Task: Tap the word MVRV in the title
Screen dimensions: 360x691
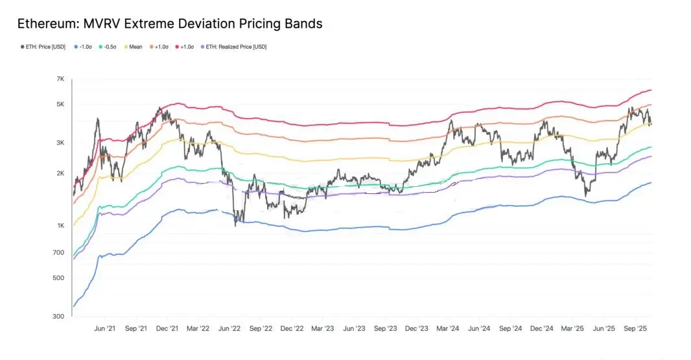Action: (102, 24)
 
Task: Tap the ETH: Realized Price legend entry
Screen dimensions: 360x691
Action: (236, 47)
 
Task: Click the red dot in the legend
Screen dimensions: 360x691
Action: (178, 47)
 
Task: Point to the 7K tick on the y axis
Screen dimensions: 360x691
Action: (60, 79)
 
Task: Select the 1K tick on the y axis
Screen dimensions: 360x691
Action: (60, 226)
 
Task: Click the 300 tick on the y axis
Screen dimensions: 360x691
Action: (60, 317)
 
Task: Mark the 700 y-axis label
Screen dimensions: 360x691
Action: (60, 252)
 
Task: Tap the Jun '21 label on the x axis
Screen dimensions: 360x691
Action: (104, 329)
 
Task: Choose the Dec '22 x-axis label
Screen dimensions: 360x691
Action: (292, 329)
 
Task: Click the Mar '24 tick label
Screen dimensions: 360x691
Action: (449, 329)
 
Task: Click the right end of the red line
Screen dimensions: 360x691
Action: (651, 90)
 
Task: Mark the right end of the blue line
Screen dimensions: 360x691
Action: (651, 183)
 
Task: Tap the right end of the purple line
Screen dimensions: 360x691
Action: (651, 156)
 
